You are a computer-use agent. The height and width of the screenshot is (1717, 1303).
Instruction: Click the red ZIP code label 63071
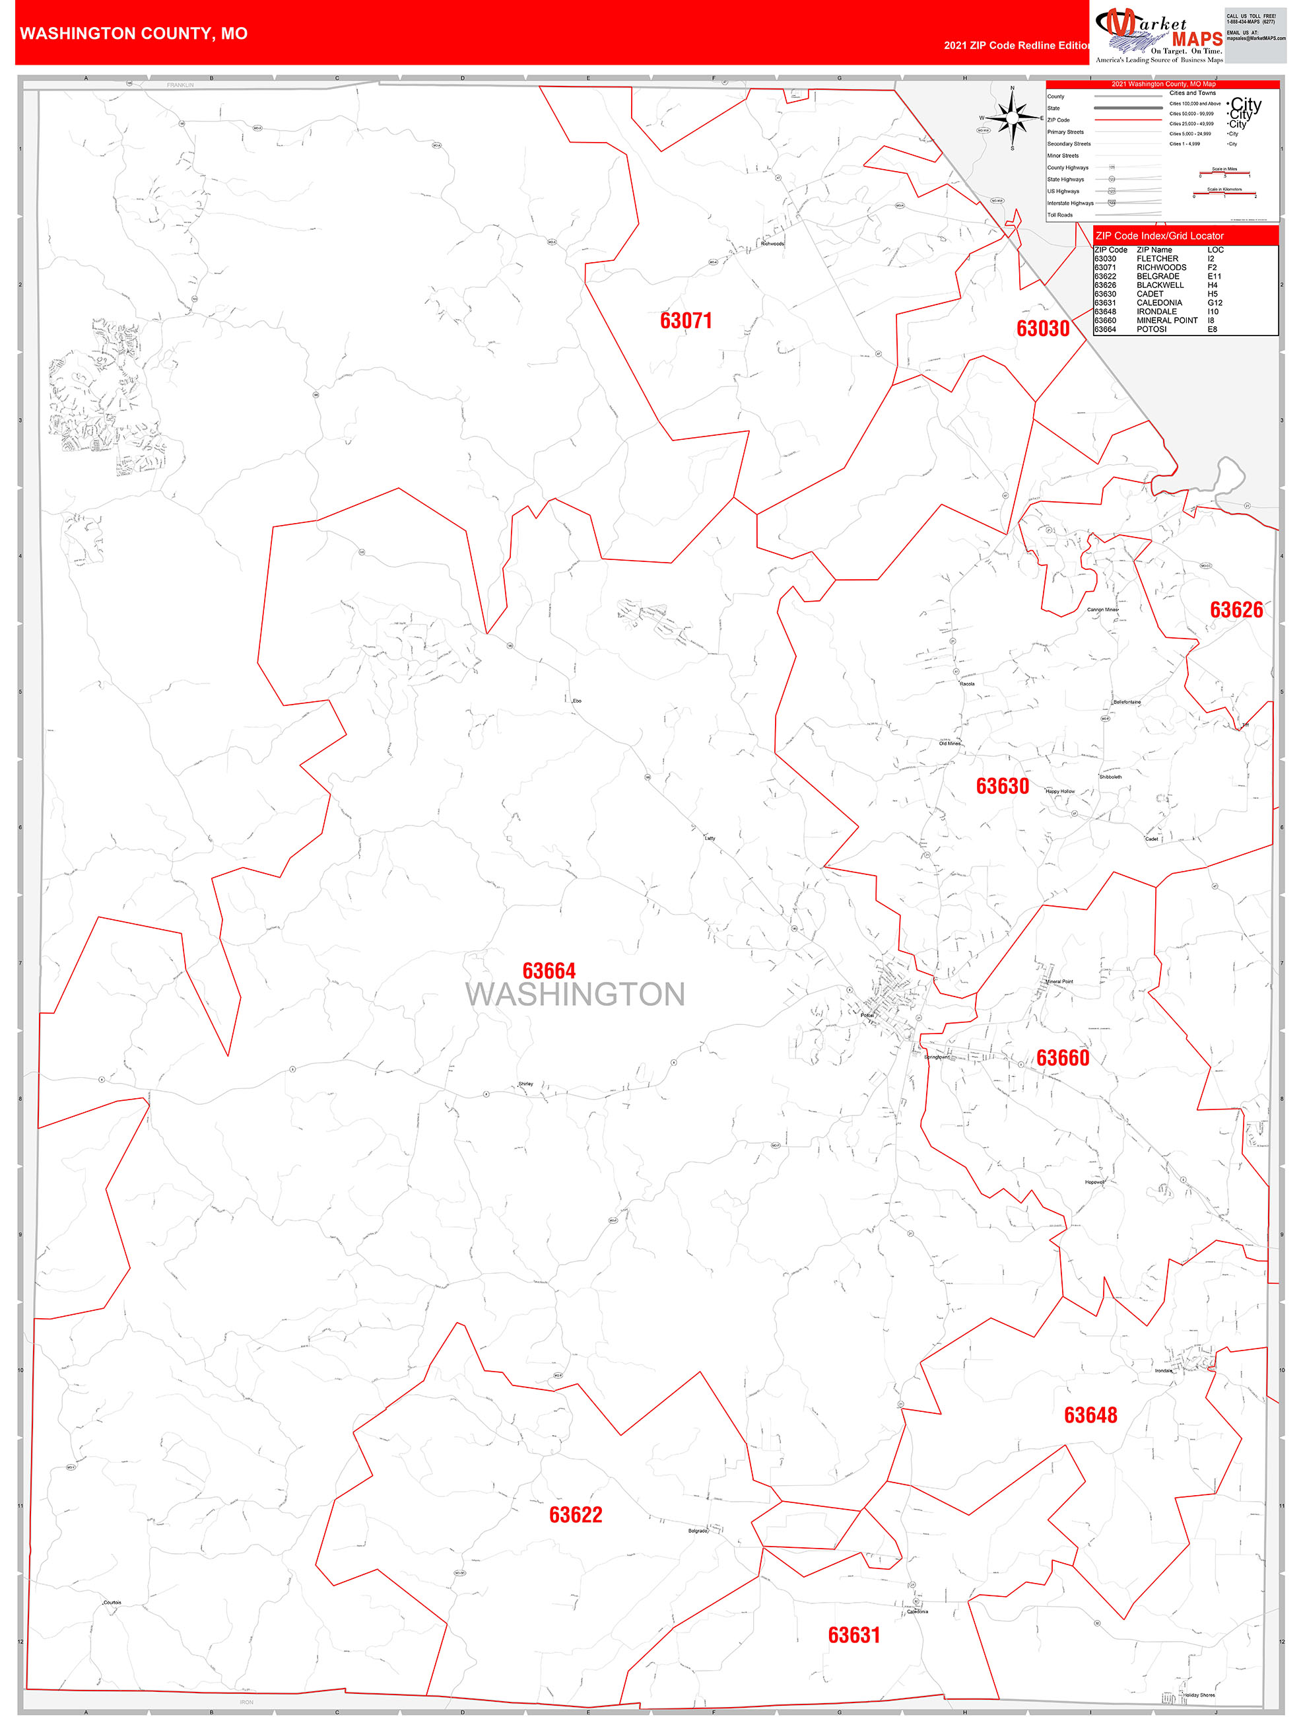(x=685, y=320)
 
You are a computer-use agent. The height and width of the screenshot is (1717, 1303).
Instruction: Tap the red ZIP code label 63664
(x=549, y=971)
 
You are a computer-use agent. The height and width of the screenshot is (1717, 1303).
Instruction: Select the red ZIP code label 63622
(x=575, y=1514)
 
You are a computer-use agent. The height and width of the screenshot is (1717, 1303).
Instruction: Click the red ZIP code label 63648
(x=1090, y=1415)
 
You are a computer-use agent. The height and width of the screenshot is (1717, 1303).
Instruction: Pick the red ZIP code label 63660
(x=1063, y=1058)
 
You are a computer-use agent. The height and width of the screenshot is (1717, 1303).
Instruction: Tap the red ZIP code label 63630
(x=1002, y=787)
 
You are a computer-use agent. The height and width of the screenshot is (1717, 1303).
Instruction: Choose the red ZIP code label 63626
(x=1236, y=610)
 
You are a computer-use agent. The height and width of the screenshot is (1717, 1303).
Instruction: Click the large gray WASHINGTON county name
(x=575, y=995)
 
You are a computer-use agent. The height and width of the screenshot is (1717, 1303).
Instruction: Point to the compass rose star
(x=1012, y=118)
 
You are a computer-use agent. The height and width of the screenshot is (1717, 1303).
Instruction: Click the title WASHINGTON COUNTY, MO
(x=133, y=34)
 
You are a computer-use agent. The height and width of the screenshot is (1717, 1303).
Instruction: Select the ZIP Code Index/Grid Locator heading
(x=1158, y=236)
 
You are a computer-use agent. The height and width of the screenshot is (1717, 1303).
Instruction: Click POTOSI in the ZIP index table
(x=1151, y=329)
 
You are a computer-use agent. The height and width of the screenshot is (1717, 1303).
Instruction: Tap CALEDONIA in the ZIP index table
(x=1158, y=302)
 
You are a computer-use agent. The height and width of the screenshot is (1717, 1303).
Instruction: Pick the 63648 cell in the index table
(x=1105, y=311)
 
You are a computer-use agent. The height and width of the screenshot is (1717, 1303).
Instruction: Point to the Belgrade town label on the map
(x=698, y=1531)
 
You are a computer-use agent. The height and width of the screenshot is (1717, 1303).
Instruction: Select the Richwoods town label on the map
(x=772, y=244)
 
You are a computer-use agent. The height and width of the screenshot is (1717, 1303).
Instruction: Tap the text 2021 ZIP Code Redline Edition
(x=1017, y=46)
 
